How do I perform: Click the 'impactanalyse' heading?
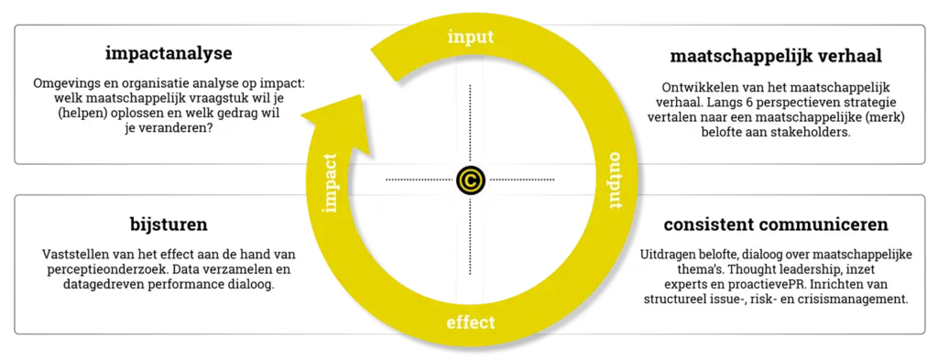[x=169, y=54]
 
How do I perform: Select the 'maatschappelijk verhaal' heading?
[x=776, y=56]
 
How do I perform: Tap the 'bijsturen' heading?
[x=169, y=225]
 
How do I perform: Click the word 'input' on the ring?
[x=471, y=37]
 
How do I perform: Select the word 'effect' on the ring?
[x=471, y=323]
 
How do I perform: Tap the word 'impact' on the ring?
[x=330, y=183]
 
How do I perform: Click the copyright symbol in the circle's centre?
[x=471, y=180]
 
